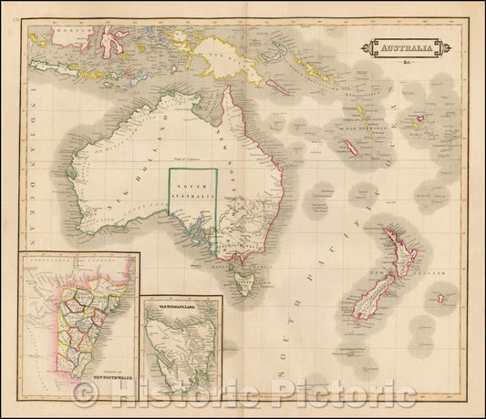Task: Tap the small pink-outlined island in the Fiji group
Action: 421,118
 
